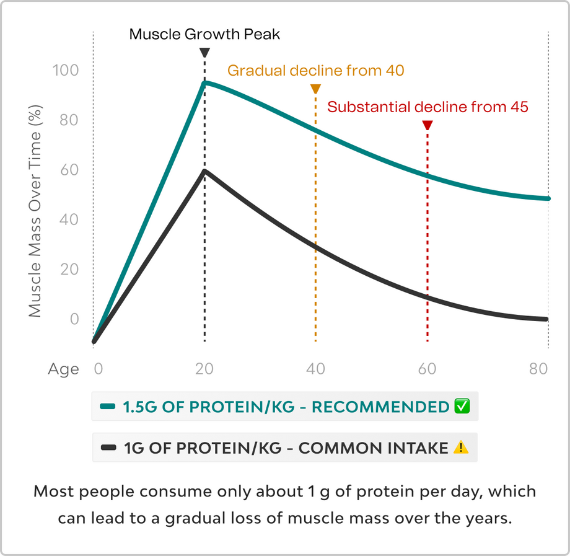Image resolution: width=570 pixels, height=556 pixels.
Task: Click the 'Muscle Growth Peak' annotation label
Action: click(x=204, y=33)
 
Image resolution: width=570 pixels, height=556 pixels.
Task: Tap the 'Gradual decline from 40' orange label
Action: click(x=315, y=70)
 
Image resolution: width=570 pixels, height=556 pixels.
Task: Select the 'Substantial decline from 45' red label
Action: click(x=427, y=107)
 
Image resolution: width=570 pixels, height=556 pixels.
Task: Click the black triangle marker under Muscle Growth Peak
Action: click(x=204, y=53)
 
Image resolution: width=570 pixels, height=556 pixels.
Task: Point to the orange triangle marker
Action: click(x=315, y=89)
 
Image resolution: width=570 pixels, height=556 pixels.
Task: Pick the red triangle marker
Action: click(x=427, y=126)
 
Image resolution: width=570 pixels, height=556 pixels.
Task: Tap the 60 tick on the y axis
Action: click(x=69, y=170)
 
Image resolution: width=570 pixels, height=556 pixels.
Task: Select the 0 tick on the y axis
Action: click(x=74, y=319)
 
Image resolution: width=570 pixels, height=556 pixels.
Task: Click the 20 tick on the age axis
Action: click(x=204, y=369)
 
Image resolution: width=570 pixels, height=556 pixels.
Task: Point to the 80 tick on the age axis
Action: click(x=538, y=369)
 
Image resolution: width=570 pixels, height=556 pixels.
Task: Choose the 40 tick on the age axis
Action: click(x=315, y=369)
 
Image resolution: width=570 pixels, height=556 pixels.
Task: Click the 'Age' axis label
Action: click(x=64, y=369)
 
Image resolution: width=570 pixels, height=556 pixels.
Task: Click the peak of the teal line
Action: click(x=204, y=82)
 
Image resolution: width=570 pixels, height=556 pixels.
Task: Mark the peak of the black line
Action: click(x=204, y=170)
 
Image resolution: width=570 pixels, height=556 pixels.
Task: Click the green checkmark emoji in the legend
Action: click(x=462, y=407)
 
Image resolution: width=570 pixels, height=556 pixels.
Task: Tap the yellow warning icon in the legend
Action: click(x=460, y=447)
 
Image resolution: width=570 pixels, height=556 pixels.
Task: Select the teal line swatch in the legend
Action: click(x=108, y=407)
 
